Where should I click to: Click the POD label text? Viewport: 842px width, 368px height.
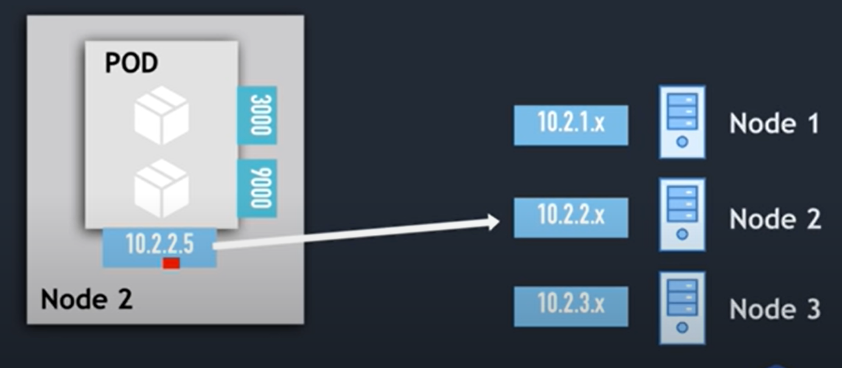[x=132, y=63]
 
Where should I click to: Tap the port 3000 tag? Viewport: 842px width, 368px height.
[x=257, y=115]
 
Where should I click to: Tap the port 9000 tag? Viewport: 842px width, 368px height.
[x=257, y=188]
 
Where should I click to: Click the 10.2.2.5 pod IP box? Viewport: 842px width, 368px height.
[x=160, y=245]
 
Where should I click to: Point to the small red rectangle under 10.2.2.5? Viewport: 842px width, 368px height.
[x=171, y=263]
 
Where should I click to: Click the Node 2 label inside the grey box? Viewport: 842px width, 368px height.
[x=86, y=299]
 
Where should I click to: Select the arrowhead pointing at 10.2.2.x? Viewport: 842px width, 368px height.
[x=493, y=222]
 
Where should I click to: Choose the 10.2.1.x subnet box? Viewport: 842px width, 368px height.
[x=570, y=125]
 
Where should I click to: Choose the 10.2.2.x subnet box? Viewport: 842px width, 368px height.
[x=570, y=217]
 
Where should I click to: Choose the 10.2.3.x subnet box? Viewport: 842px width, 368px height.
[x=570, y=306]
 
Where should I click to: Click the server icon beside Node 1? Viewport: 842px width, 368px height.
[x=682, y=122]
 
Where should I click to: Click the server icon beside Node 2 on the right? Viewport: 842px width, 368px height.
[x=682, y=214]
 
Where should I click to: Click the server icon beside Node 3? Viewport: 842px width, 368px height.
[x=682, y=308]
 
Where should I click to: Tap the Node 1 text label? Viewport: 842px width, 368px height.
[x=774, y=124]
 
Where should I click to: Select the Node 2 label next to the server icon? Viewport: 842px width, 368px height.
[x=774, y=218]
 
